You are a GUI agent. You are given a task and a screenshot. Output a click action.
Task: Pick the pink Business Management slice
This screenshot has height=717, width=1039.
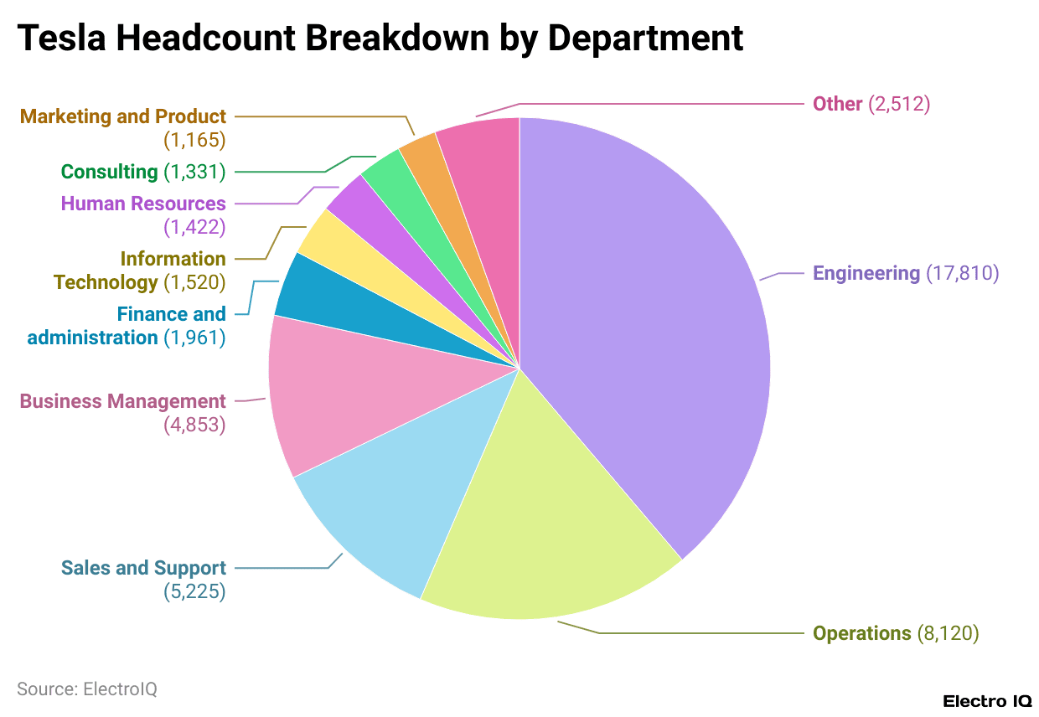[335, 394]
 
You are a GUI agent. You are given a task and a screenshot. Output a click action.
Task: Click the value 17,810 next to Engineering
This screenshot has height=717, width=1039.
[962, 273]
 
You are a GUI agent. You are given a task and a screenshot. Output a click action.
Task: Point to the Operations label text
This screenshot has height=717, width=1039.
[861, 633]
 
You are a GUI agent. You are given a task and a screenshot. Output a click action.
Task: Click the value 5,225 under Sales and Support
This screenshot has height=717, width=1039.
[194, 591]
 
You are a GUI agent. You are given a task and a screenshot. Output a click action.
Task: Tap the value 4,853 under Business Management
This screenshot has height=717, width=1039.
[194, 425]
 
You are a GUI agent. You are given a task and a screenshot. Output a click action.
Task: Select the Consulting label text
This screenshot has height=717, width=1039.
[109, 172]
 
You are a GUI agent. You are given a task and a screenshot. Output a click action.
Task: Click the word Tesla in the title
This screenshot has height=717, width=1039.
[62, 38]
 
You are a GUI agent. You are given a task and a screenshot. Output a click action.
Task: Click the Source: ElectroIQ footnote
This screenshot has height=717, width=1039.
[87, 689]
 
